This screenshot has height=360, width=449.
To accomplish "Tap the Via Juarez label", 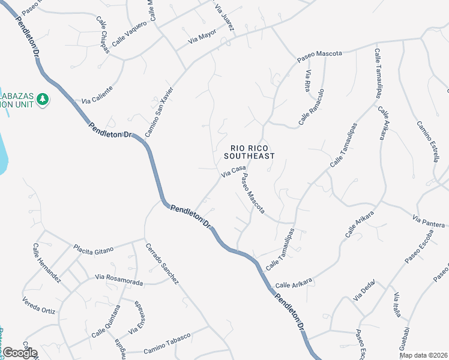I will click(x=224, y=16).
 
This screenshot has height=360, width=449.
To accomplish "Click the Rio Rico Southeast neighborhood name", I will click(x=253, y=151).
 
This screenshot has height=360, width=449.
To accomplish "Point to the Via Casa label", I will click(x=234, y=172).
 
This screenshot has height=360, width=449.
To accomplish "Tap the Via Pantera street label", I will click(x=429, y=220).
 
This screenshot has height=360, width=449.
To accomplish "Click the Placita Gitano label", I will click(x=93, y=249).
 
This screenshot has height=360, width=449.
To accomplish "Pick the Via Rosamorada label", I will click(x=118, y=280).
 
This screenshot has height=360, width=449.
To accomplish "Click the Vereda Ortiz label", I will click(x=39, y=305).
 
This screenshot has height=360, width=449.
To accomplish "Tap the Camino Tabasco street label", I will click(x=167, y=341).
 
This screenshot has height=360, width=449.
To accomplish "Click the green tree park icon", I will click(x=43, y=98).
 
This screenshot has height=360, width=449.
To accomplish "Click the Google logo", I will click(x=19, y=353).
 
